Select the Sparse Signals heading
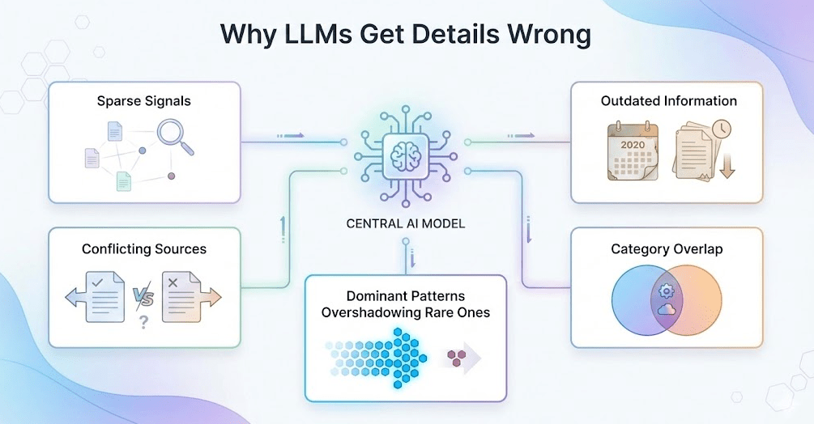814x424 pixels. click(144, 101)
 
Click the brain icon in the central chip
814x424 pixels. click(406, 152)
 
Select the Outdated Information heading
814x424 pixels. click(668, 101)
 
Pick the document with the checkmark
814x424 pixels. click(103, 296)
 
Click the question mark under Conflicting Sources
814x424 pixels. click(143, 322)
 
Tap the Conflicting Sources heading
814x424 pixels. click(144, 248)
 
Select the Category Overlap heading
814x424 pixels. click(667, 248)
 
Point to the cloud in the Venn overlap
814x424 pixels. click(667, 309)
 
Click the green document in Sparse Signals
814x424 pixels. click(123, 182)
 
